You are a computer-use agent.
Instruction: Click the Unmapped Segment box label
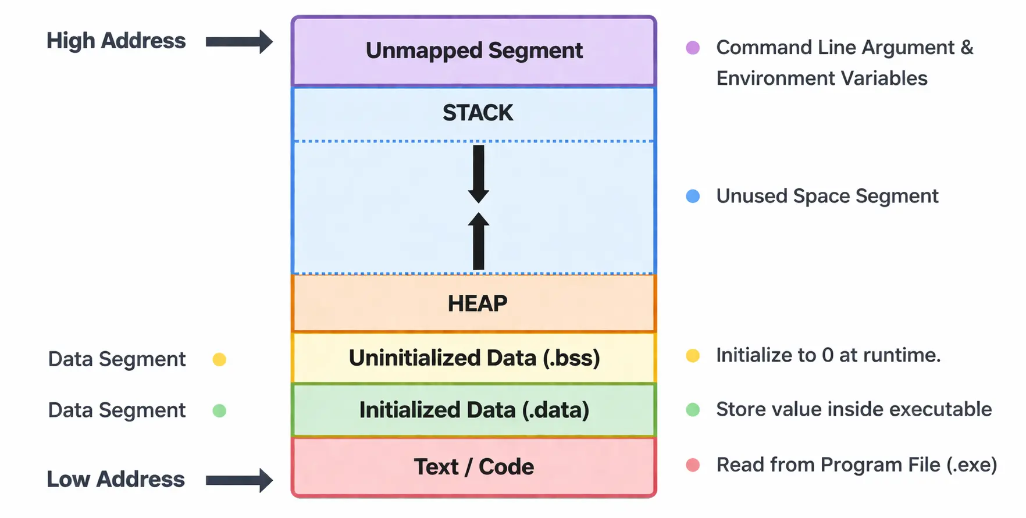pos(474,51)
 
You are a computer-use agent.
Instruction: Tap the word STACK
pos(478,113)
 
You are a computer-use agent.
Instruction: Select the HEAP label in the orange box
pos(478,303)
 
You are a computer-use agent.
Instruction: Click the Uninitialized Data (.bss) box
pos(474,358)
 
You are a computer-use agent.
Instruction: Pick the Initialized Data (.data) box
pos(474,410)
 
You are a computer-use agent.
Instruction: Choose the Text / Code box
pos(474,467)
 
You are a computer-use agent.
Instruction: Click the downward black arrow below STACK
pos(478,174)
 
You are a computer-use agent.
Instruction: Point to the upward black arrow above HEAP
pos(478,241)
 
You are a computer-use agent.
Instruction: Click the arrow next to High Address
pos(239,42)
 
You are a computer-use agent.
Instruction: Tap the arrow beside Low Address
pos(239,480)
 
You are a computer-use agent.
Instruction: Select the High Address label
pos(116,41)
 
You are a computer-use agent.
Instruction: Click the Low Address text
pos(116,480)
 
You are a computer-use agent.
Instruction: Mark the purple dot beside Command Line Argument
pos(693,48)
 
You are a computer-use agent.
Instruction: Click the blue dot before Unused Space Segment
pos(693,197)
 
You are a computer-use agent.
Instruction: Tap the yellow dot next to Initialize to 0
pos(693,355)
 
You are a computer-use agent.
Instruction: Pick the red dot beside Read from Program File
pos(693,465)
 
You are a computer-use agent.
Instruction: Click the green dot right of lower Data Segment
pos(219,411)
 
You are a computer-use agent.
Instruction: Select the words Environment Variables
pos(821,78)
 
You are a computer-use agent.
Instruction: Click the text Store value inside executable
pos(853,409)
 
